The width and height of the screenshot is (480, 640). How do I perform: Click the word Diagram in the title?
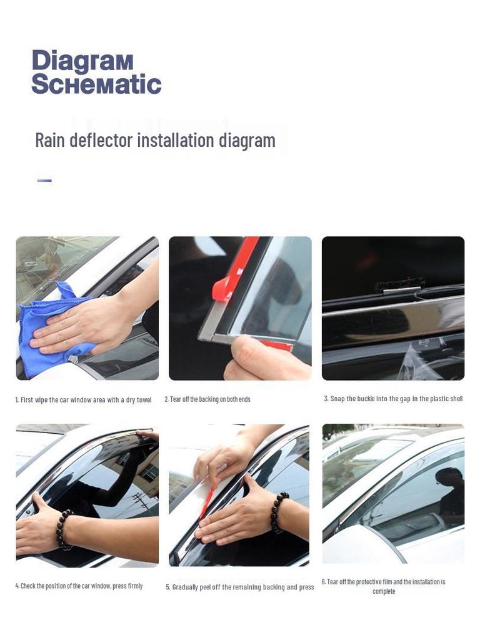pyautogui.click(x=82, y=61)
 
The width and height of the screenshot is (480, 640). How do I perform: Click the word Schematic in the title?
pyautogui.click(x=96, y=84)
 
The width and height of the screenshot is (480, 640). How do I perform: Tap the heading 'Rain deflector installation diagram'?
pyautogui.click(x=155, y=140)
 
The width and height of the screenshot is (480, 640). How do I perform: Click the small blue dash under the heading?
pyautogui.click(x=44, y=181)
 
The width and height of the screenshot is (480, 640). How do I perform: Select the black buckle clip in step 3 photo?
pyautogui.click(x=400, y=284)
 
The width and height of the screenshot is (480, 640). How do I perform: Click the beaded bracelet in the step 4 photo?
pyautogui.click(x=64, y=529)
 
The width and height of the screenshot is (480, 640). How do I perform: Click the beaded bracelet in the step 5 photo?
pyautogui.click(x=279, y=512)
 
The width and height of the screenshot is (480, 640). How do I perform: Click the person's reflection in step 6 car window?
pyautogui.click(x=450, y=494)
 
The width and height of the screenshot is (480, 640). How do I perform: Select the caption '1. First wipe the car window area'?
pyautogui.click(x=83, y=399)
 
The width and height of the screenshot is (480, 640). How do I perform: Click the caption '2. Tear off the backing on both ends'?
pyautogui.click(x=207, y=399)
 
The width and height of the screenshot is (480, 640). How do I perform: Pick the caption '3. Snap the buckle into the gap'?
pyautogui.click(x=393, y=399)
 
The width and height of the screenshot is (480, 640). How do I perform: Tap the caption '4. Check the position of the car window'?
pyautogui.click(x=79, y=586)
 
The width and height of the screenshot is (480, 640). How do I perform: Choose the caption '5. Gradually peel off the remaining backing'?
pyautogui.click(x=240, y=587)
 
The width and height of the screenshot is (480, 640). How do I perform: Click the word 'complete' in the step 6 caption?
pyautogui.click(x=384, y=591)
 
